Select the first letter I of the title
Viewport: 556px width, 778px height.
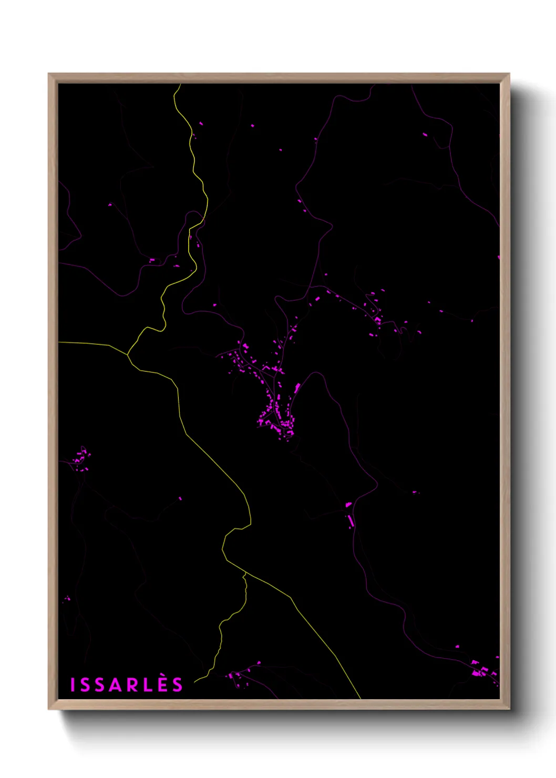73,684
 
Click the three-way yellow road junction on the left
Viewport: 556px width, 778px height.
128,355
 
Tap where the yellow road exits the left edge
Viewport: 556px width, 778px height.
59,342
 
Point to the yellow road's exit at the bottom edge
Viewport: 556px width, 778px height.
360,698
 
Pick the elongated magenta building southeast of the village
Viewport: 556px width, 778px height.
351,520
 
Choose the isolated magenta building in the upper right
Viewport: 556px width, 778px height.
425,135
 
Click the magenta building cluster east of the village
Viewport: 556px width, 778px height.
376,319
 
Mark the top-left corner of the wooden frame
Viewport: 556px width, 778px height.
49,74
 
